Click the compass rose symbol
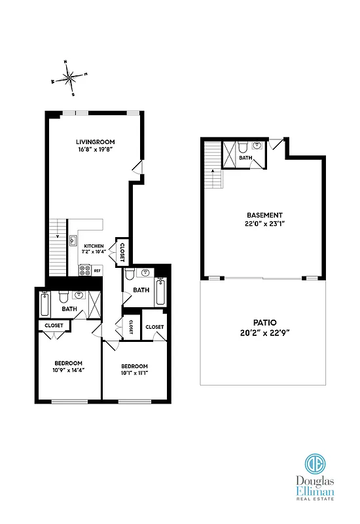coord(70,77)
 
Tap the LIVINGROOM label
coord(92,141)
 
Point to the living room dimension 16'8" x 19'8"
coord(92,149)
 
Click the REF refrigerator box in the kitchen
coord(97,270)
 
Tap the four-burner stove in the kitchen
coord(84,269)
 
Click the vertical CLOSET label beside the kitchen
coord(122,251)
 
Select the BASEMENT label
coord(264,215)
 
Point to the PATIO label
coord(264,322)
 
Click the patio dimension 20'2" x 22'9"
coord(264,333)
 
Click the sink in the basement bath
coord(257,145)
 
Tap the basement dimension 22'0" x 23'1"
coord(264,223)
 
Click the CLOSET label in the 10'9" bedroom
coord(54,325)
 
